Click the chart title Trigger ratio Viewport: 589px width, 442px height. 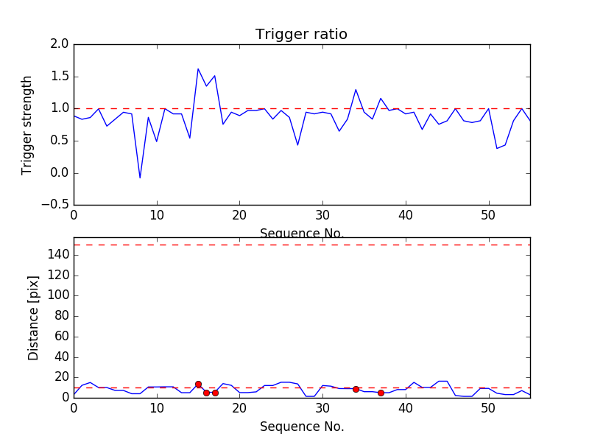click(x=301, y=35)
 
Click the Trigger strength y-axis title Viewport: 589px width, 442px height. click(x=27, y=124)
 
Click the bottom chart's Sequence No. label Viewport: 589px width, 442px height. click(x=302, y=427)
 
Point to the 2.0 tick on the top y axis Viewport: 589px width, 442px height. click(x=60, y=44)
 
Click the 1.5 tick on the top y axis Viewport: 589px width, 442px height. click(x=60, y=77)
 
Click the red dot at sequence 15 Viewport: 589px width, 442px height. click(x=198, y=384)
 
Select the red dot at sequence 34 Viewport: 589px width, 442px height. click(x=356, y=389)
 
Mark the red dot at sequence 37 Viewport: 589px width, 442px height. click(x=381, y=393)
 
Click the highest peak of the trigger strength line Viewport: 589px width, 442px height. click(x=198, y=69)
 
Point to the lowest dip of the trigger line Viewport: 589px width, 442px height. click(x=140, y=178)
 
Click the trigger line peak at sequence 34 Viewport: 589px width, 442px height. click(x=356, y=90)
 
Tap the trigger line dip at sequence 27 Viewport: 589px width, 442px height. click(x=297, y=144)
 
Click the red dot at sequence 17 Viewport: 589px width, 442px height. click(x=215, y=393)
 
